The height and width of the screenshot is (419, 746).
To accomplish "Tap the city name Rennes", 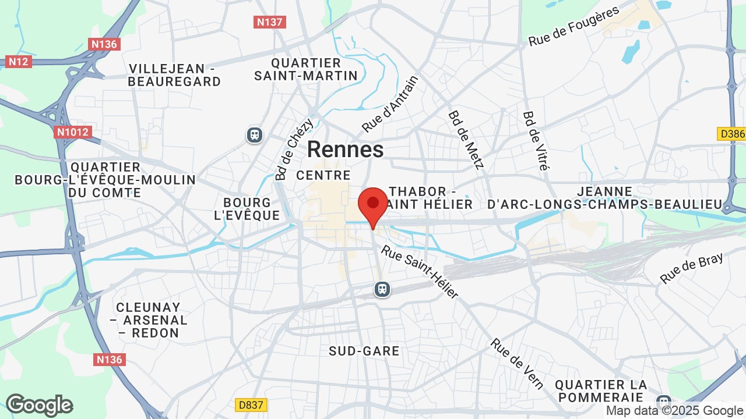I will (345, 150).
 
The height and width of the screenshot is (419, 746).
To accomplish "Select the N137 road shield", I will (269, 22).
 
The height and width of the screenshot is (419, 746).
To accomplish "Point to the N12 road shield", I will (19, 61).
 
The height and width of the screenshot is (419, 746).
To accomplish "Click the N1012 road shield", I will (73, 132).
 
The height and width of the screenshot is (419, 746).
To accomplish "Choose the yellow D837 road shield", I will (250, 404).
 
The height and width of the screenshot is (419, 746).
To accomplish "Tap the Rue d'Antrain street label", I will (390, 104).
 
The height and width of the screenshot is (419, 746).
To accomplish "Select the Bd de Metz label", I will (466, 140).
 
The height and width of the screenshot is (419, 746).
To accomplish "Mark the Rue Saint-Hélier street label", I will (420, 272).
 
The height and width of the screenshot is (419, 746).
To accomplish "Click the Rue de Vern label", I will (517, 364).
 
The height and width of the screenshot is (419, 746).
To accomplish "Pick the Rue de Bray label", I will (691, 268).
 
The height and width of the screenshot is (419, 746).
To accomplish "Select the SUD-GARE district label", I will (364, 351).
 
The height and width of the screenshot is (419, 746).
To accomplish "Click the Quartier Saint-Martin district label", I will (306, 69).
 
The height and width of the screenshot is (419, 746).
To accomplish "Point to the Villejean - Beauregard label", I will (175, 75).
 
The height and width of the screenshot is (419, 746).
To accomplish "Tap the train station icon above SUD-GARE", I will (382, 289).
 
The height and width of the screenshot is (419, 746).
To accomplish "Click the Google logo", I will (39, 405).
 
